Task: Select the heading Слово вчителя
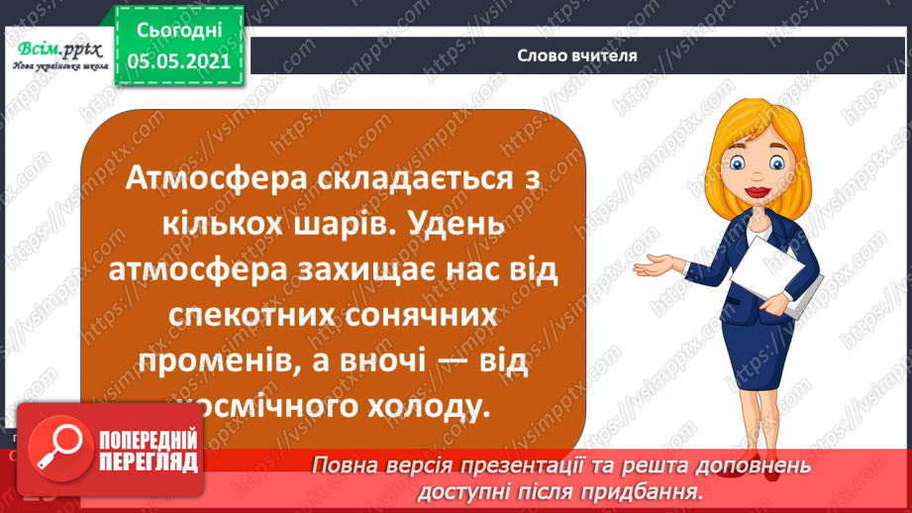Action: point(577,55)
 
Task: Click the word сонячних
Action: point(419,316)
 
